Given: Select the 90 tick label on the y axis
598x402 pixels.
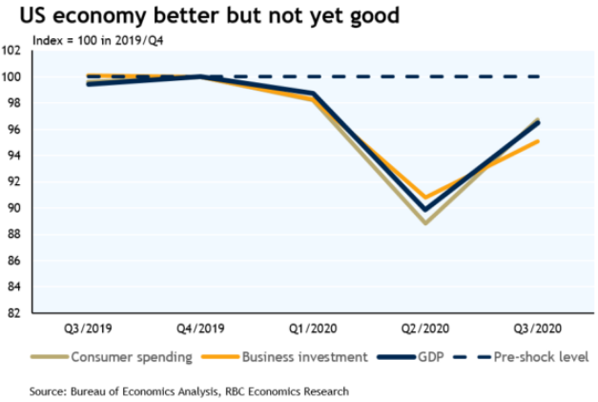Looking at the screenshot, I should pos(16,208).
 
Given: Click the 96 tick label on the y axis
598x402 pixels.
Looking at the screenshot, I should pos(16,130).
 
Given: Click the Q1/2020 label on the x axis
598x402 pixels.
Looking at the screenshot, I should pos(314,328).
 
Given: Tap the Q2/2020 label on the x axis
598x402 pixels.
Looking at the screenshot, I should pos(425,328).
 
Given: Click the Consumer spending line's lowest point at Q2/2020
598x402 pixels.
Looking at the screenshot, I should pos(425,222).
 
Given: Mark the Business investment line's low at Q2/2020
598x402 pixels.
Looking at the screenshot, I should pos(425,197).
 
